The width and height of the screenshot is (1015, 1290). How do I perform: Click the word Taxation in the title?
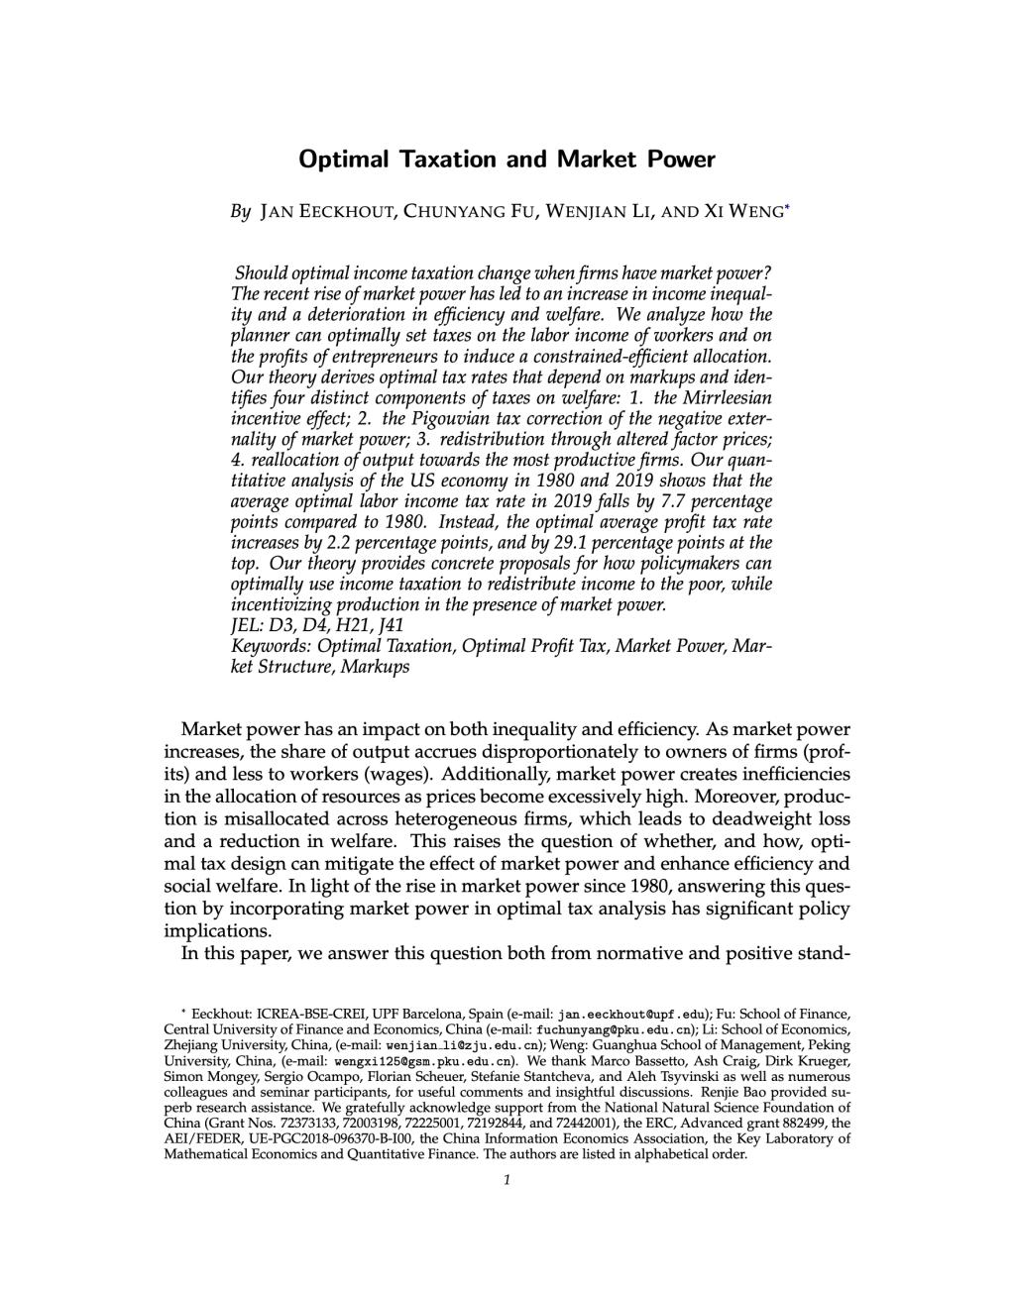[451, 159]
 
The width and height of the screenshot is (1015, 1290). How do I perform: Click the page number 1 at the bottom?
[507, 1179]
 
